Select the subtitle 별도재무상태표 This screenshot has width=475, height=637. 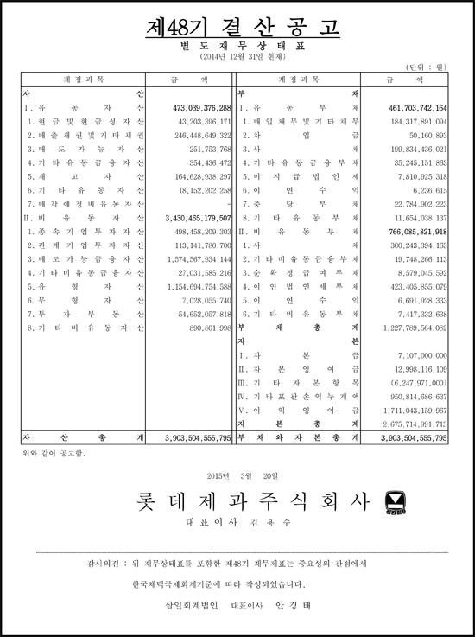point(237,45)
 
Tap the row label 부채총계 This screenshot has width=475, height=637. point(299,328)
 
